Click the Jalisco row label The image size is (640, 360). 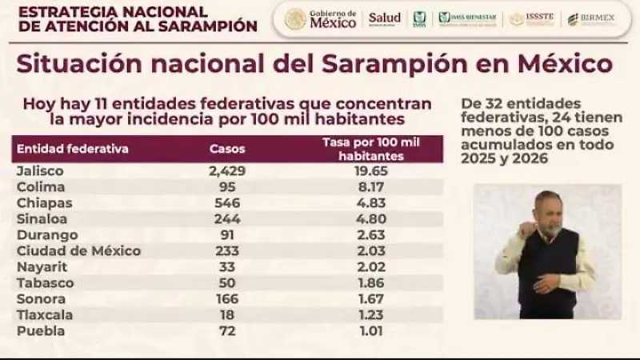[40, 171]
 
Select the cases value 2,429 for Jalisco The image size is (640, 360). [227, 171]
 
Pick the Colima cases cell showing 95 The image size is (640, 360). [227, 187]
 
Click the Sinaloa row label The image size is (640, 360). [42, 219]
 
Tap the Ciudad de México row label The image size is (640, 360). [78, 251]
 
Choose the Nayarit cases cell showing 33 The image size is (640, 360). [227, 267]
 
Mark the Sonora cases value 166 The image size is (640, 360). [227, 299]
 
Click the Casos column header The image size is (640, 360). [227, 149]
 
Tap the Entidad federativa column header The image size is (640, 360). [72, 149]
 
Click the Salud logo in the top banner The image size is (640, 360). [384, 18]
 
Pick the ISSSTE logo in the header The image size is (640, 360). [534, 18]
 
